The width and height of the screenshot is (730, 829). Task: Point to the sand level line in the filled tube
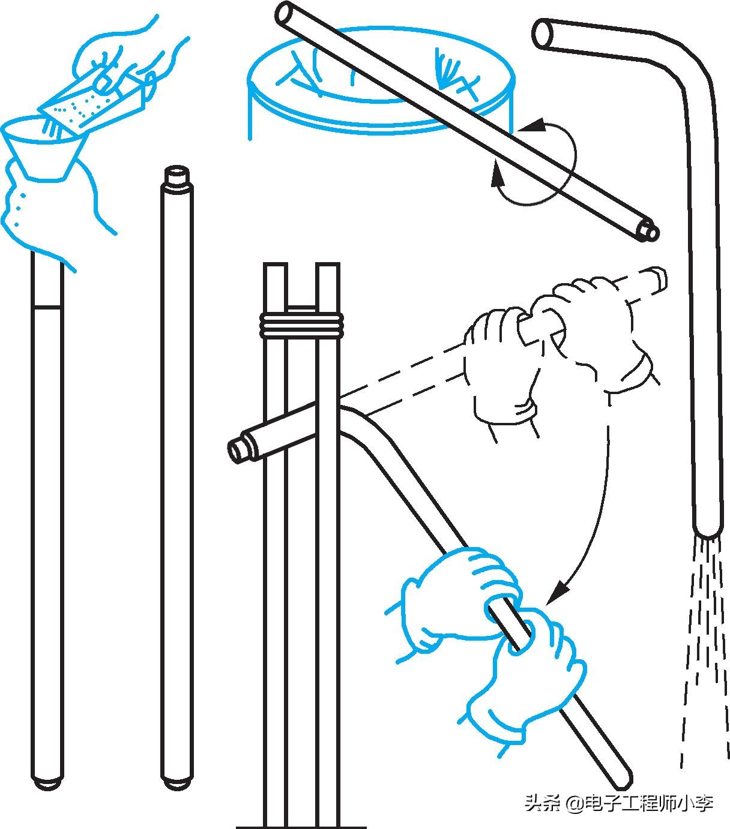[x=47, y=307]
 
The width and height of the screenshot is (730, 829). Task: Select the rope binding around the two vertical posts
[x=301, y=325]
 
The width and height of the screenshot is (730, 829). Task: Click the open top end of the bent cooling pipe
[x=544, y=34]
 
